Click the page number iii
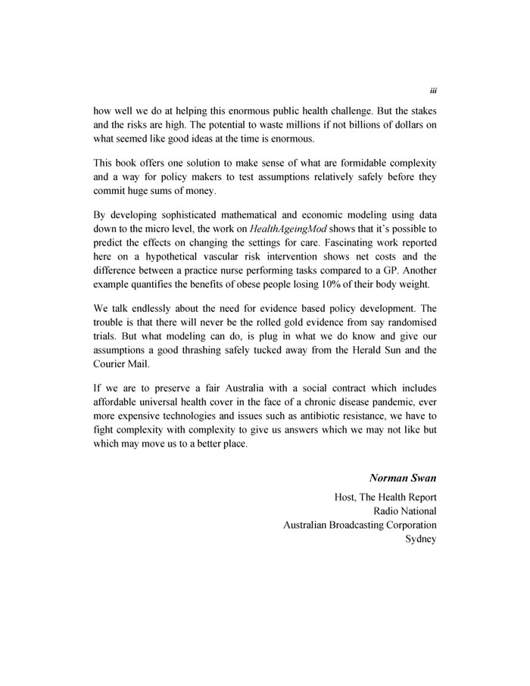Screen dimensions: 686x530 [x=432, y=89]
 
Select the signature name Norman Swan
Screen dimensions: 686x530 [x=403, y=478]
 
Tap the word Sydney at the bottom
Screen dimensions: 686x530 [x=421, y=540]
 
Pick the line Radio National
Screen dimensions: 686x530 [x=407, y=511]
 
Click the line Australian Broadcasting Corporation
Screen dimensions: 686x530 [x=360, y=525]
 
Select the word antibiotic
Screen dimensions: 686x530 [x=292, y=416]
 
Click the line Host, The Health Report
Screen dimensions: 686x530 [x=385, y=497]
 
